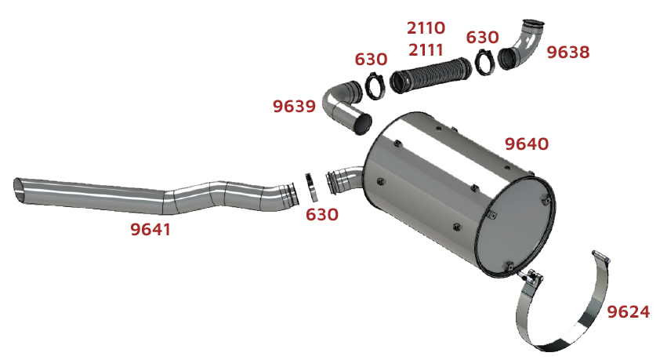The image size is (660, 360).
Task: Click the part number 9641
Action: click(150, 230)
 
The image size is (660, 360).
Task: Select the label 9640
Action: click(527, 144)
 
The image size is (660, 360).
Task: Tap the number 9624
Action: click(629, 312)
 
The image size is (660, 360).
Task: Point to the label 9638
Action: click(568, 53)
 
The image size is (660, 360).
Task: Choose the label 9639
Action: click(294, 106)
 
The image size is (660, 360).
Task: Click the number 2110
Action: click(426, 28)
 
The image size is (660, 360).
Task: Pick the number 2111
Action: click(426, 50)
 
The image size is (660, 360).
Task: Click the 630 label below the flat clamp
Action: click(322, 215)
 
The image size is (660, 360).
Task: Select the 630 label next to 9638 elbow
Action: click(482, 38)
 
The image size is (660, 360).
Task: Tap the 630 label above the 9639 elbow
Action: click(371, 60)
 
